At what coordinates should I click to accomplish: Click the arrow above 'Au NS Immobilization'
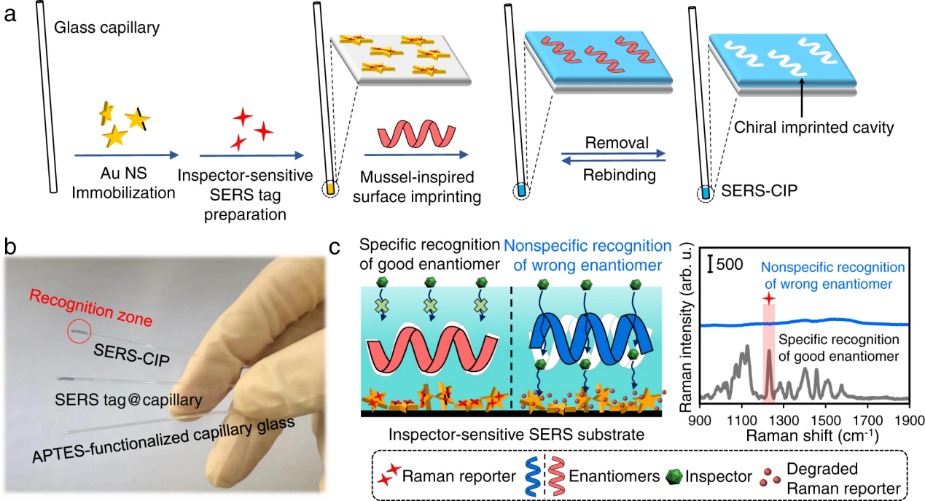(126, 155)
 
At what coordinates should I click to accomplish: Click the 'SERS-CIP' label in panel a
(748, 193)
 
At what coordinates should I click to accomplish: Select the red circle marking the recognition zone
(79, 332)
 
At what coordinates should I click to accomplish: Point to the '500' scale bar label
(729, 264)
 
